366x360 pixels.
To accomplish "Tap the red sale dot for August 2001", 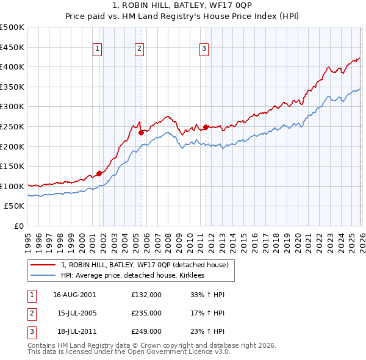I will (99, 173).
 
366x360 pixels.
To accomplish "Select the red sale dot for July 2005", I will (141, 132).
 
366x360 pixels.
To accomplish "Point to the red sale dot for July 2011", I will (206, 127).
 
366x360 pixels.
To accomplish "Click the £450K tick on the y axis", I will (12, 47).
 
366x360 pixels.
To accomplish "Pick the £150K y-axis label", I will (12, 166).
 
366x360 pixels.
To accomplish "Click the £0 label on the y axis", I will (18, 226).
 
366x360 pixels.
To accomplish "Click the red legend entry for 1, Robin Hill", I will (145, 265).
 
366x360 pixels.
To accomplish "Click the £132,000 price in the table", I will (146, 295).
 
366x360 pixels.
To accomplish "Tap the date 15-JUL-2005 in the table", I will (74, 313).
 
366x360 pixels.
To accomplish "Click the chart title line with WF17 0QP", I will (183, 7).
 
